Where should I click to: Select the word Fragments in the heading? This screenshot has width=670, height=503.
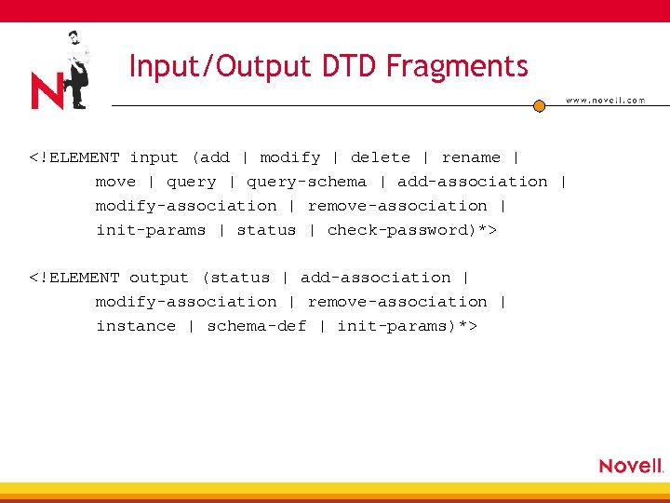click(457, 66)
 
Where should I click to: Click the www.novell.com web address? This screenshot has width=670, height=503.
click(605, 101)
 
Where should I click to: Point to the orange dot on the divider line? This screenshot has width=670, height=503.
click(539, 106)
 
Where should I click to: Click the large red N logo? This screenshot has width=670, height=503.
click(47, 91)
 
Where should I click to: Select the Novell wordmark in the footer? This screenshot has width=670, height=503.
click(631, 466)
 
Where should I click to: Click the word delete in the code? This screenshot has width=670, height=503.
click(380, 157)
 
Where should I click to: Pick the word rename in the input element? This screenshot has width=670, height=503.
click(470, 157)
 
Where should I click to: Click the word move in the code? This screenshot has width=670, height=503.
click(115, 182)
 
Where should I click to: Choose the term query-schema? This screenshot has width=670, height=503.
click(306, 182)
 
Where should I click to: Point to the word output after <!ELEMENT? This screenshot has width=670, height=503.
click(158, 278)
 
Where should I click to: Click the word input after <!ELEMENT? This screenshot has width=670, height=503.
click(154, 157)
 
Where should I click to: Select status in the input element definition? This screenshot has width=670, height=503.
click(266, 230)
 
